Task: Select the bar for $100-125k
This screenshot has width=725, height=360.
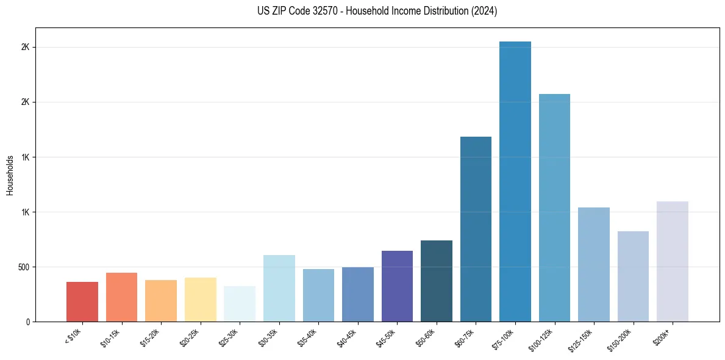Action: [x=554, y=207]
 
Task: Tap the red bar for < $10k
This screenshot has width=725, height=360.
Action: [x=82, y=301]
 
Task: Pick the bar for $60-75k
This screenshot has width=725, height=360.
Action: [x=476, y=229]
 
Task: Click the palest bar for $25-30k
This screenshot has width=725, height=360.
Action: [x=240, y=304]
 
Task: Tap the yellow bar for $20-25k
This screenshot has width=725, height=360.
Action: [x=201, y=299]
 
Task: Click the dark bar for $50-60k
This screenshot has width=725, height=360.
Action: [x=437, y=281]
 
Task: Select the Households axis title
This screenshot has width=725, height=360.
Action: [x=10, y=175]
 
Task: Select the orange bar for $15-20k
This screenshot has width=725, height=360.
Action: [x=161, y=300]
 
